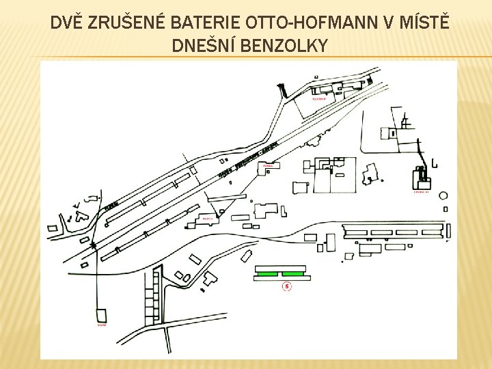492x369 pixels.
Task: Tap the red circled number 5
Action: pyautogui.click(x=287, y=287)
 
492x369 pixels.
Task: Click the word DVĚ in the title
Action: pyautogui.click(x=68, y=23)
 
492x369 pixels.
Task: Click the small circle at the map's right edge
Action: pyautogui.click(x=443, y=195)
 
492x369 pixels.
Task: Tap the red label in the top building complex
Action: pyautogui.click(x=319, y=99)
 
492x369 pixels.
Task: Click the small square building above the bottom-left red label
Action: pyautogui.click(x=101, y=316)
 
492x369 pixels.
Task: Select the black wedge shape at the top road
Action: pyautogui.click(x=281, y=90)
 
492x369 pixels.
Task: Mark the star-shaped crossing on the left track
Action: pyautogui.click(x=94, y=243)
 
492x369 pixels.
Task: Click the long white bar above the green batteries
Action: pyautogui.click(x=282, y=266)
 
